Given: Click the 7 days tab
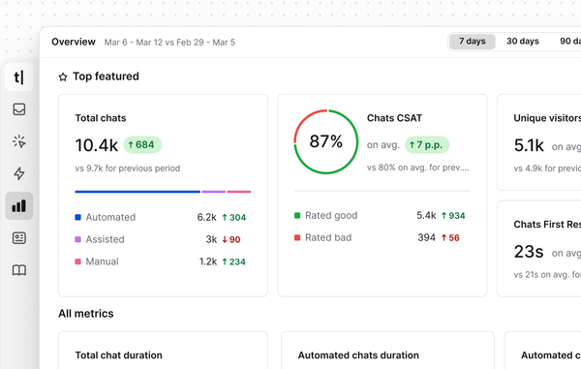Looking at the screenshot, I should [473, 42].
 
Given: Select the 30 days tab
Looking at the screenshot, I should [523, 42].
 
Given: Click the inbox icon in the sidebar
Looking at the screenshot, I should [19, 109].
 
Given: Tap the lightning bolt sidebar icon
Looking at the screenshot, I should [19, 173].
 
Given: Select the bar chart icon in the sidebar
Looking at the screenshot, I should [19, 205].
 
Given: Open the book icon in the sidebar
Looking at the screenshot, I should [19, 270].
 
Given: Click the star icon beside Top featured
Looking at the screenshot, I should [63, 77].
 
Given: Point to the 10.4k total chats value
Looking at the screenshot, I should [97, 145].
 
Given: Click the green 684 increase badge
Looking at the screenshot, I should [141, 144].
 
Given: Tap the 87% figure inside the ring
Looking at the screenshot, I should [326, 141].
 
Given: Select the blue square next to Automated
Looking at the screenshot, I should [78, 217].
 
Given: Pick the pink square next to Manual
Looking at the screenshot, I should [78, 261].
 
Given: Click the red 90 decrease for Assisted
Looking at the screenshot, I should [230, 239].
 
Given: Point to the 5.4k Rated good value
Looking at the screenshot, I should [426, 215].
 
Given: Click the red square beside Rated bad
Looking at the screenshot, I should [297, 237].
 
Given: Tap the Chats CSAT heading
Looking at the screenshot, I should [394, 118].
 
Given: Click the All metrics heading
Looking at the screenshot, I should [85, 313].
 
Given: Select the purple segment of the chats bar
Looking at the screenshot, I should [214, 192].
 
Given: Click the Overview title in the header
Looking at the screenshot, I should [74, 42].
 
